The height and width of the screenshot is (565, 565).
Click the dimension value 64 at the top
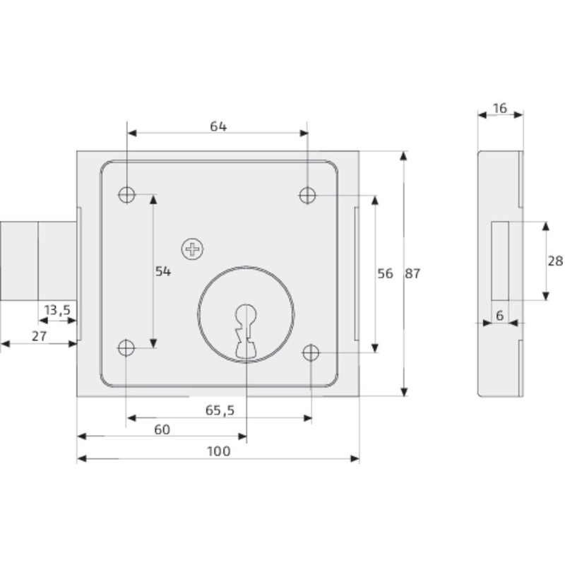pos(218,126)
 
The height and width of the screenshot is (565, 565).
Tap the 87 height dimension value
pos(412,274)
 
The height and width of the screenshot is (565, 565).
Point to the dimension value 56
pos(385,274)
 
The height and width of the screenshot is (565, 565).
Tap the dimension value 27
pos(39,337)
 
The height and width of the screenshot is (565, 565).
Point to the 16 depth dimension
pos(500,108)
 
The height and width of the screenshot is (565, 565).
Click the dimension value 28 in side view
pos(555,261)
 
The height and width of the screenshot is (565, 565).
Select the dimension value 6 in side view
pos(499,316)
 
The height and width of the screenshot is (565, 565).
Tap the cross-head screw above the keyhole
pos(191,248)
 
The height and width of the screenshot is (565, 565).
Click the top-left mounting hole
pos(127,194)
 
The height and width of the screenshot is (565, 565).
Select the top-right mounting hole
pos(308,194)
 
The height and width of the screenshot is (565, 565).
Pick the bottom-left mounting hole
pos(127,347)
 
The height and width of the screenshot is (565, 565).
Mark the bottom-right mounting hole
pos(311,352)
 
